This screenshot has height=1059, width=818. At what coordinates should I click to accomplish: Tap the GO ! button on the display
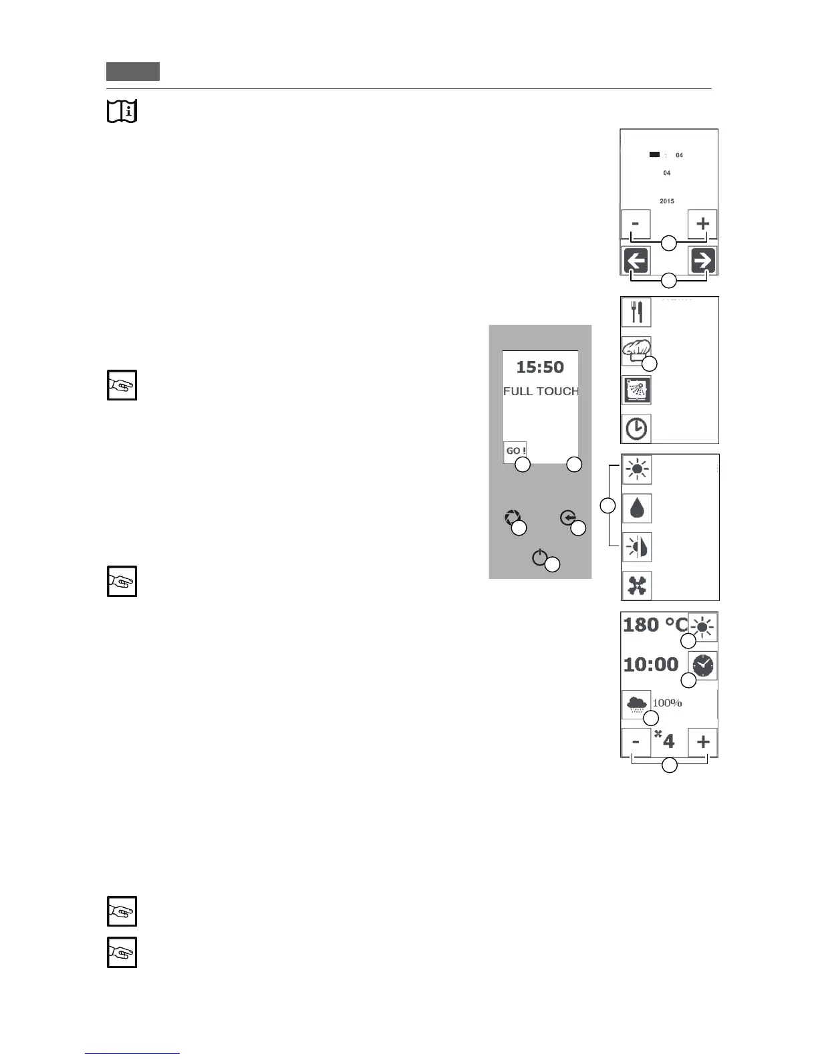pos(515,451)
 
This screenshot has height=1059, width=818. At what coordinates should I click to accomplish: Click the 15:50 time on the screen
pos(540,367)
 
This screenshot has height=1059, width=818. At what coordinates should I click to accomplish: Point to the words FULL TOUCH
pos(541,391)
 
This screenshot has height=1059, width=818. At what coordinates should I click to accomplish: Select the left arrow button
pos(636,261)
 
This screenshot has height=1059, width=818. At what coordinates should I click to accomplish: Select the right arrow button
pos(703,261)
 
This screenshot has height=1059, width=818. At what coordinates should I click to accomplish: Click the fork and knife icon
pos(636,312)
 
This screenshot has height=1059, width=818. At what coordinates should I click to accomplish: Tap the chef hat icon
pos(636,350)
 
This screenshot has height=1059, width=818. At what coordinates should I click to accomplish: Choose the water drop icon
pos(637,508)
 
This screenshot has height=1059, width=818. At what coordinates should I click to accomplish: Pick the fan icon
pos(637,586)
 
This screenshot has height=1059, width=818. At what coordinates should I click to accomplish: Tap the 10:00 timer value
pos(651,665)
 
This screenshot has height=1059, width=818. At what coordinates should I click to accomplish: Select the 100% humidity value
pos(667,703)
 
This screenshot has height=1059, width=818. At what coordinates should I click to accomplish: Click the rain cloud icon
pos(636,704)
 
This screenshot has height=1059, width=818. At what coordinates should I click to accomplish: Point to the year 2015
pos(666,201)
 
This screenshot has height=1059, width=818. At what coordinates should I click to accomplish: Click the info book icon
pos(122,111)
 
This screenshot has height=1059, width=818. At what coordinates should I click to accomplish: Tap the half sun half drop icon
pos(637,548)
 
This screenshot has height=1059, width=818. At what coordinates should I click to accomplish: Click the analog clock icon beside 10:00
pos(703,666)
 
